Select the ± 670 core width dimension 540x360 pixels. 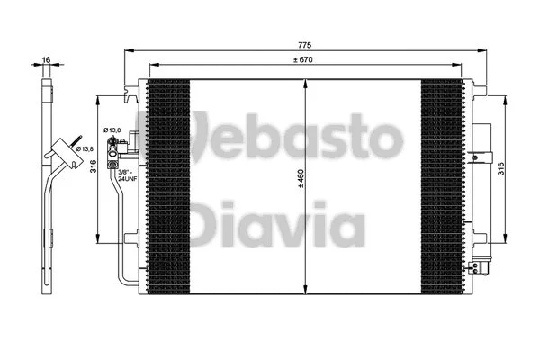click(x=307, y=60)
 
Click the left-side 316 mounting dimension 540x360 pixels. click(x=93, y=168)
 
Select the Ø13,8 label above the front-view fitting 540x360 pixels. click(x=112, y=131)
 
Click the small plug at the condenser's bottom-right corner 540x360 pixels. click(x=485, y=266)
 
